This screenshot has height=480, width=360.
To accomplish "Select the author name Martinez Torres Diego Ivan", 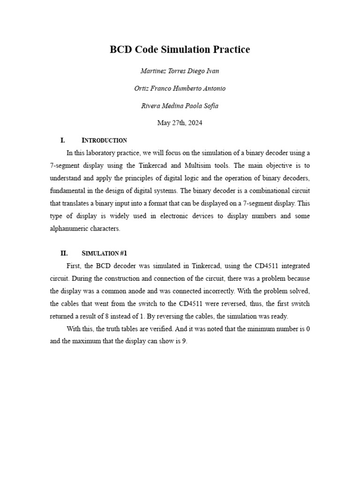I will [x=180, y=71].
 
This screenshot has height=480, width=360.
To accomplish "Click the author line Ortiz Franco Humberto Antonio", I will [x=180, y=88].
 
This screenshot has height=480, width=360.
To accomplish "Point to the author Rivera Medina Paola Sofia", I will [x=180, y=105].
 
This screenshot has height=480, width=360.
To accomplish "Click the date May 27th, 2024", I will [x=180, y=123].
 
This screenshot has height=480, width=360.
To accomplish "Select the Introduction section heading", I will [x=104, y=141].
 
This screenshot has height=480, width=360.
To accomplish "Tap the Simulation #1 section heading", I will [x=104, y=253].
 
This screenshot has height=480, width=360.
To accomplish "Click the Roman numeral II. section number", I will [x=64, y=253].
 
